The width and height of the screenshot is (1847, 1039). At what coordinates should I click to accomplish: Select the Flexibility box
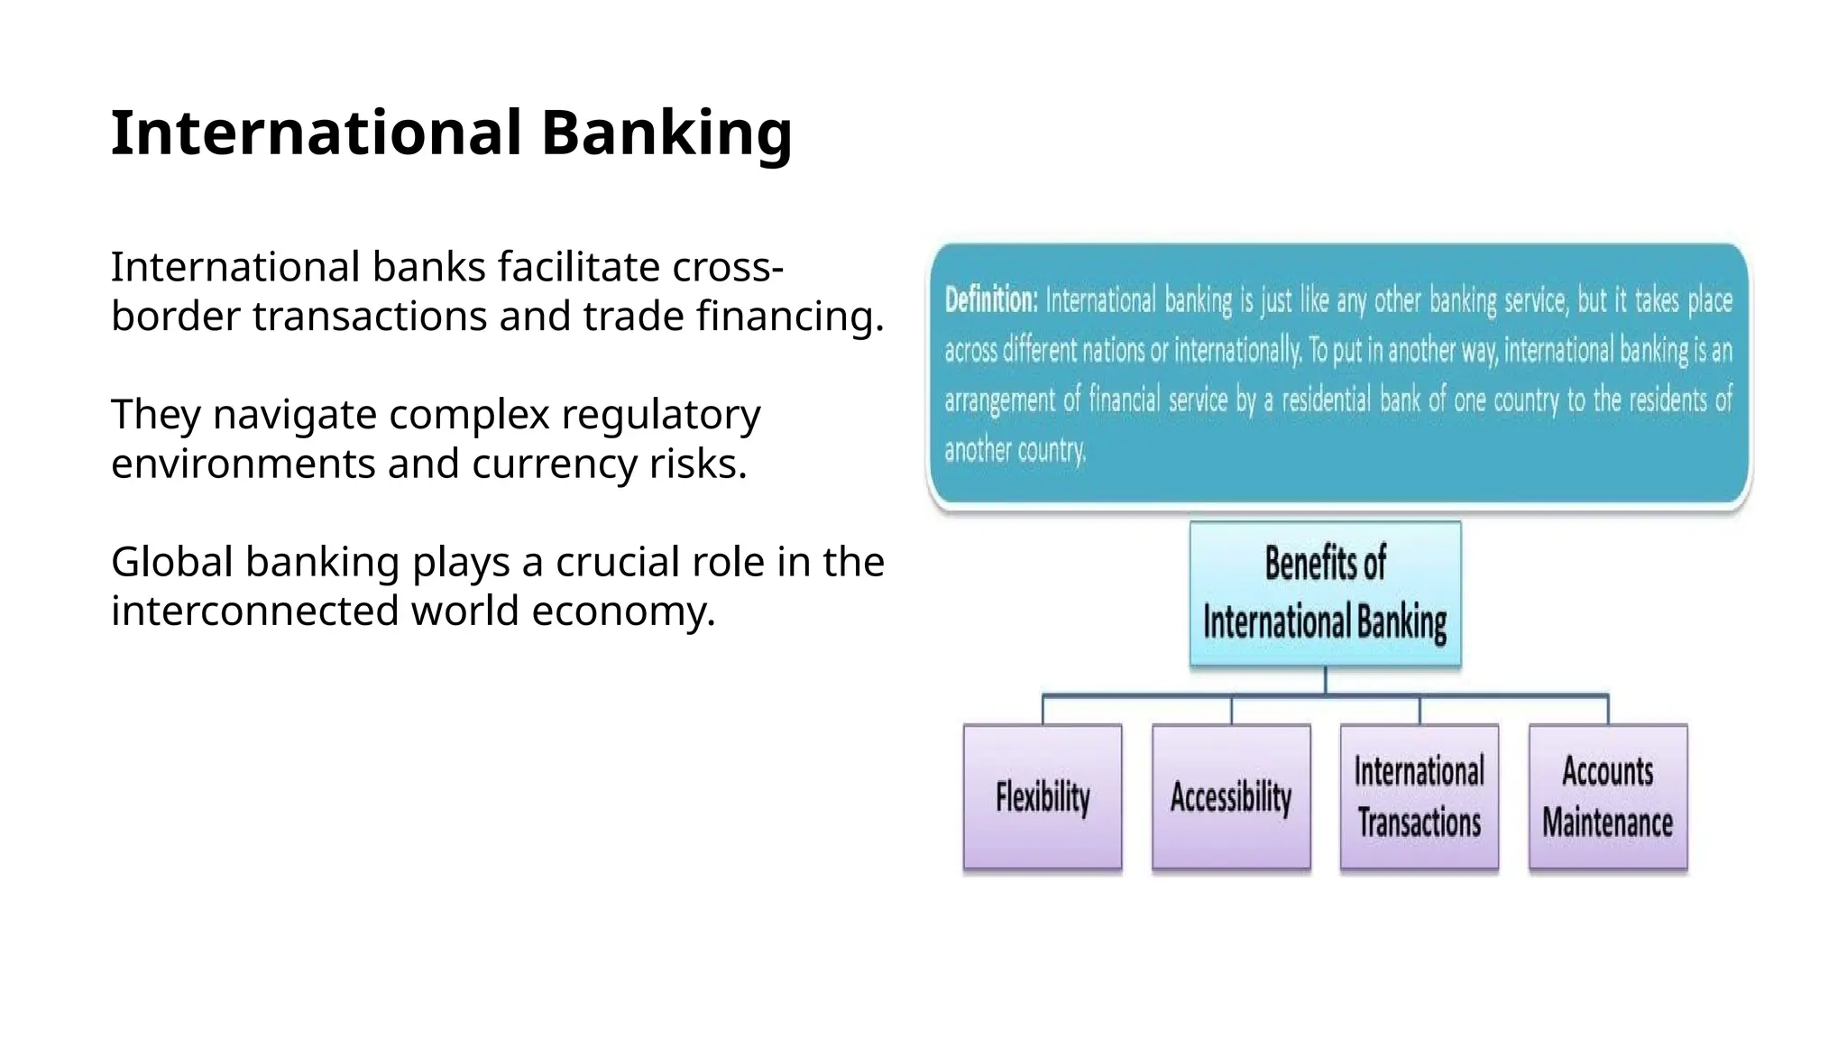(1043, 796)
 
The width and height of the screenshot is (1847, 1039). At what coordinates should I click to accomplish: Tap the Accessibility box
(1231, 796)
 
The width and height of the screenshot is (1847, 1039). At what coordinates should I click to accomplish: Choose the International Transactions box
(1420, 796)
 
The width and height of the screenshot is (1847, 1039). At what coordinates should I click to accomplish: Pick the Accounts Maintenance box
(1608, 796)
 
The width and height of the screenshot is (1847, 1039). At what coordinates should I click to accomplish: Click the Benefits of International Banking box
(1325, 593)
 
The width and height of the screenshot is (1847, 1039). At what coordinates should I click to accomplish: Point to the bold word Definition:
(991, 299)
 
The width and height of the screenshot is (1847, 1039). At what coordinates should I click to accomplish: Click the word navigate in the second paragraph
(295, 415)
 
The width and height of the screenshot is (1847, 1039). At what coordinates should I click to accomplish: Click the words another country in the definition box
(1015, 449)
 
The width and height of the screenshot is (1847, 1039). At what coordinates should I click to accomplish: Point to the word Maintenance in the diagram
(1607, 823)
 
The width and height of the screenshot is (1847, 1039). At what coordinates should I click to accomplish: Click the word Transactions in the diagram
(1420, 823)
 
